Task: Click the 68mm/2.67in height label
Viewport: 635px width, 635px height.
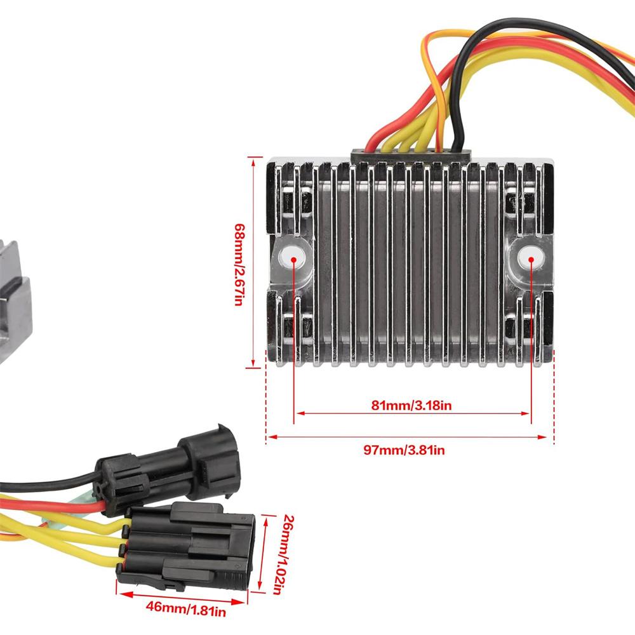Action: (239, 264)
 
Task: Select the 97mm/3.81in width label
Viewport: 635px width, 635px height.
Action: (404, 450)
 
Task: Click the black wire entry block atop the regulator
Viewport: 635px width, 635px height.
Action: (411, 155)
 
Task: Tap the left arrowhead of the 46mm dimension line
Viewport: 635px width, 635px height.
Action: (120, 594)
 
